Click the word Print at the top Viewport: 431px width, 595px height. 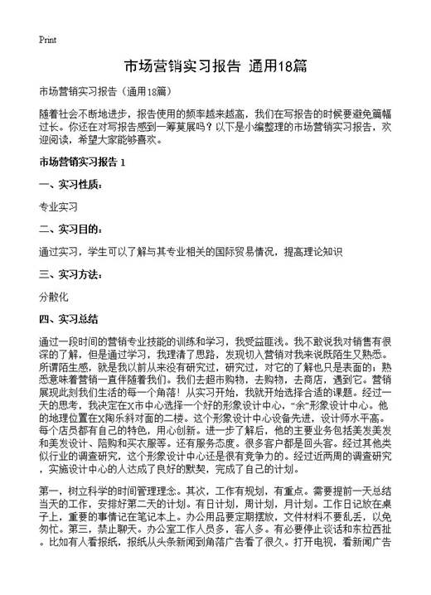point(47,39)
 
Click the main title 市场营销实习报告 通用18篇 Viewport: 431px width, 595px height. point(215,65)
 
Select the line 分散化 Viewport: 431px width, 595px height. point(53,295)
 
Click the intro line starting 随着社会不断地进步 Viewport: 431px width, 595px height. point(215,113)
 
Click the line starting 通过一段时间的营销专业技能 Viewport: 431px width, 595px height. point(215,341)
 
